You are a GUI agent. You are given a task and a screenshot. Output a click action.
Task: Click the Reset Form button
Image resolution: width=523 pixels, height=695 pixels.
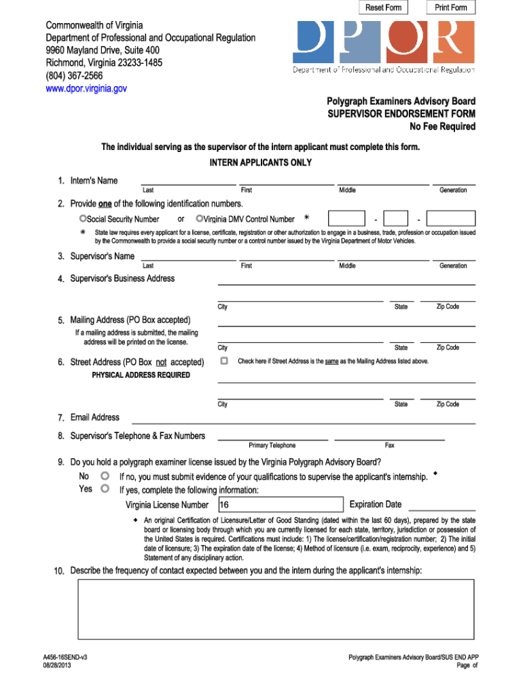point(384,7)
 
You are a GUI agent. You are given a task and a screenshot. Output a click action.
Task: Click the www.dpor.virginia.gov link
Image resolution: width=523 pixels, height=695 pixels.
point(86,88)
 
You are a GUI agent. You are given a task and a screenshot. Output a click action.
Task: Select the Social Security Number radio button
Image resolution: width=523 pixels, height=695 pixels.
point(83,219)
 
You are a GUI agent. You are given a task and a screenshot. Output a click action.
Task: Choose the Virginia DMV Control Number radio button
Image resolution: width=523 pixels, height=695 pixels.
point(200,219)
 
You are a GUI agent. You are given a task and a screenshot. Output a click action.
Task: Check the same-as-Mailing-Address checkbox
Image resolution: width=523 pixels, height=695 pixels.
point(224,361)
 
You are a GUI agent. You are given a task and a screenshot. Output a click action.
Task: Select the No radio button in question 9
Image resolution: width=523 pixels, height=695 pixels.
point(105,476)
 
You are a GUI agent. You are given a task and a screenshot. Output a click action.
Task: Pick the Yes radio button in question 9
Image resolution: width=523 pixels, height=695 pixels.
point(105,489)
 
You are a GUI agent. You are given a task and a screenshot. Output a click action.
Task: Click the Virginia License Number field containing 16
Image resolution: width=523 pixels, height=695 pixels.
point(281,505)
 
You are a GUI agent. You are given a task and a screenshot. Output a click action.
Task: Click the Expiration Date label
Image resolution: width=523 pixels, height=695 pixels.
point(375,504)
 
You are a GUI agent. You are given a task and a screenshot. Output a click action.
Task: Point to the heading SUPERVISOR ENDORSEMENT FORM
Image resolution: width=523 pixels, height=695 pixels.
point(401,113)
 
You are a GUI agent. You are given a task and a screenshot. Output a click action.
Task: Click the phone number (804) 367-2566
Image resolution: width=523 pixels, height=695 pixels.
point(74,75)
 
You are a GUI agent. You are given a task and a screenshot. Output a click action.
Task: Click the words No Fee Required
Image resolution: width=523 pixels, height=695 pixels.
point(442,126)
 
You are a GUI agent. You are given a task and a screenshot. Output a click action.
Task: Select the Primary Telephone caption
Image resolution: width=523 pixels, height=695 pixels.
point(272,445)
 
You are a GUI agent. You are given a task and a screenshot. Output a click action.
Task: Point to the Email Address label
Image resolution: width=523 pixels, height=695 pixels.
point(94,417)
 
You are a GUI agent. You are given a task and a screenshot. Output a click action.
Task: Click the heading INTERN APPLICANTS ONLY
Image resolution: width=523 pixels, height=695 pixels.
point(261,163)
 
